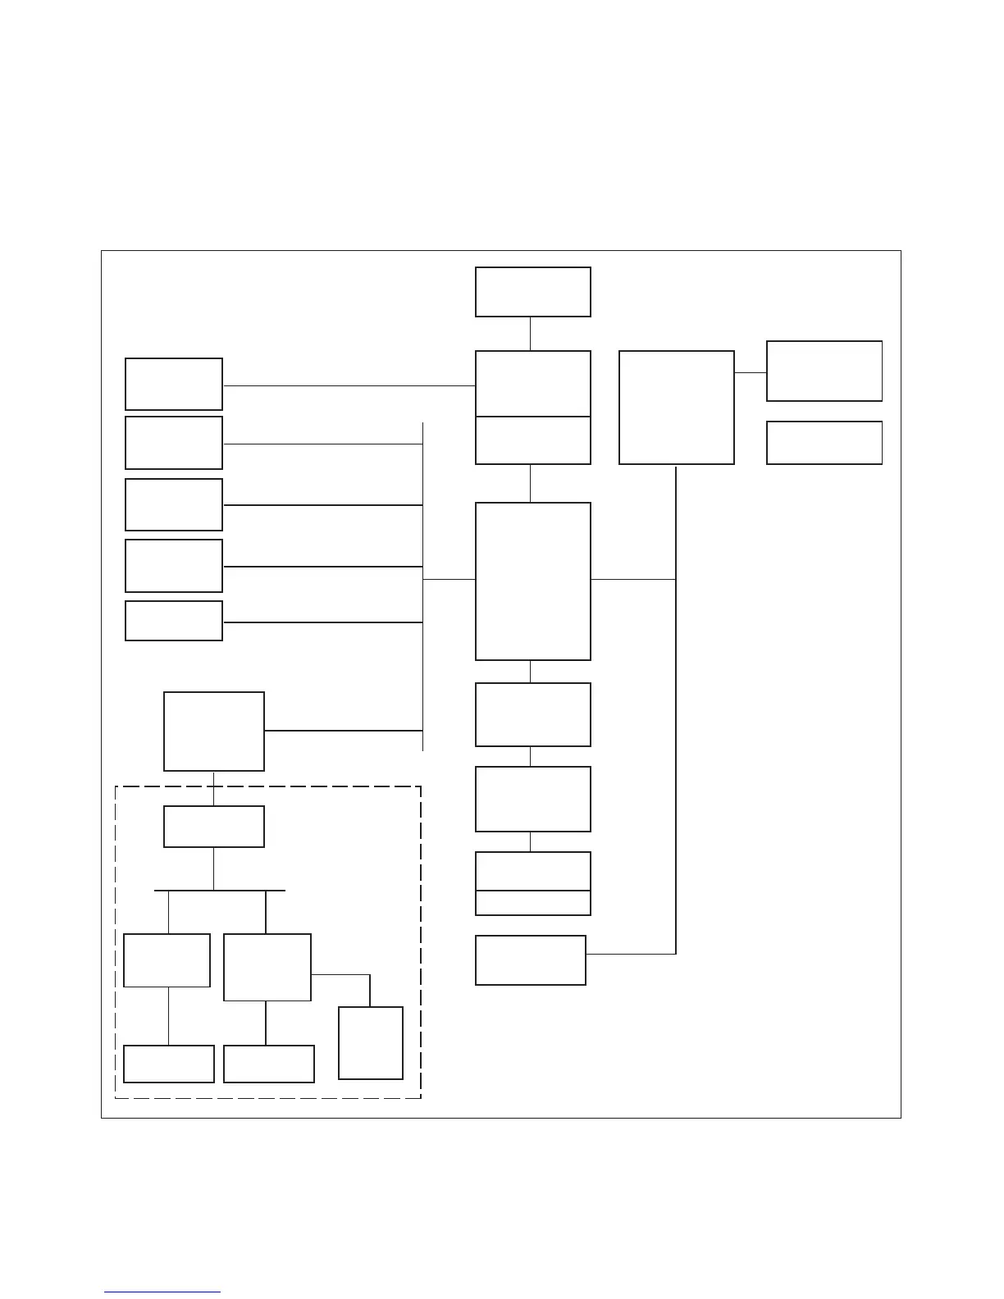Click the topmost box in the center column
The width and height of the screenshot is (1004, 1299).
(532, 291)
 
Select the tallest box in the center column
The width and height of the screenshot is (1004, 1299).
(532, 581)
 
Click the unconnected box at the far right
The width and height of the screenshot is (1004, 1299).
(824, 443)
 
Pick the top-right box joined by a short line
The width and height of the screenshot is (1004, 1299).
(824, 371)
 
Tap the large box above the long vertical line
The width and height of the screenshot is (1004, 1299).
(676, 407)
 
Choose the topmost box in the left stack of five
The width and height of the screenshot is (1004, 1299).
(173, 384)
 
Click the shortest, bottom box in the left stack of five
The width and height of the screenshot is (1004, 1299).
(173, 620)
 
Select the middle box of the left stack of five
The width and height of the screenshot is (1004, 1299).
(173, 504)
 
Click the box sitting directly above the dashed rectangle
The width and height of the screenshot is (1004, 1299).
(213, 731)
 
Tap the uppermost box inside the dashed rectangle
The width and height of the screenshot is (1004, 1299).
(213, 826)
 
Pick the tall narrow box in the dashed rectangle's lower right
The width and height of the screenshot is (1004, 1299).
(370, 1042)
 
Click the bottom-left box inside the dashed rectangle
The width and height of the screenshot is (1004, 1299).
(168, 1064)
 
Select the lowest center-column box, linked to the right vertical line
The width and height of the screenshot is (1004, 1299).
(530, 959)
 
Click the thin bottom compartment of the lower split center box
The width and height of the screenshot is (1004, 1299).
(532, 903)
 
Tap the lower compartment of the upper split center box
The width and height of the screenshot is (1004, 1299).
(532, 440)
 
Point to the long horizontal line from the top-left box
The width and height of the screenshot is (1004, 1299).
(349, 385)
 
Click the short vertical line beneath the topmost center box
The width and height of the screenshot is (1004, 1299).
(530, 334)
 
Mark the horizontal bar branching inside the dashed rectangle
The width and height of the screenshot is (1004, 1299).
(219, 890)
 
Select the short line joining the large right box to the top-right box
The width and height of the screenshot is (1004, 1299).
(750, 372)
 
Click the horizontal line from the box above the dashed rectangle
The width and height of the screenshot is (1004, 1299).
(343, 730)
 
